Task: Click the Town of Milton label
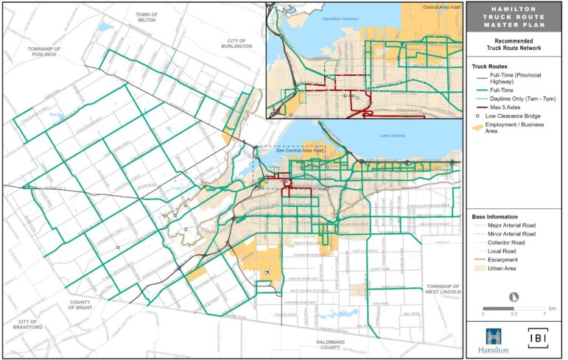tap(147, 18)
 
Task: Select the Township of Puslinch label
tap(43, 52)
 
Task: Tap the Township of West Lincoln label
tap(442, 290)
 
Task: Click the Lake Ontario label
tap(390, 135)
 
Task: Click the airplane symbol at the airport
tap(266, 274)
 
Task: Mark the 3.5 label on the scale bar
tap(514, 313)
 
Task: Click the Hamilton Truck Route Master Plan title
tap(513, 17)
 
